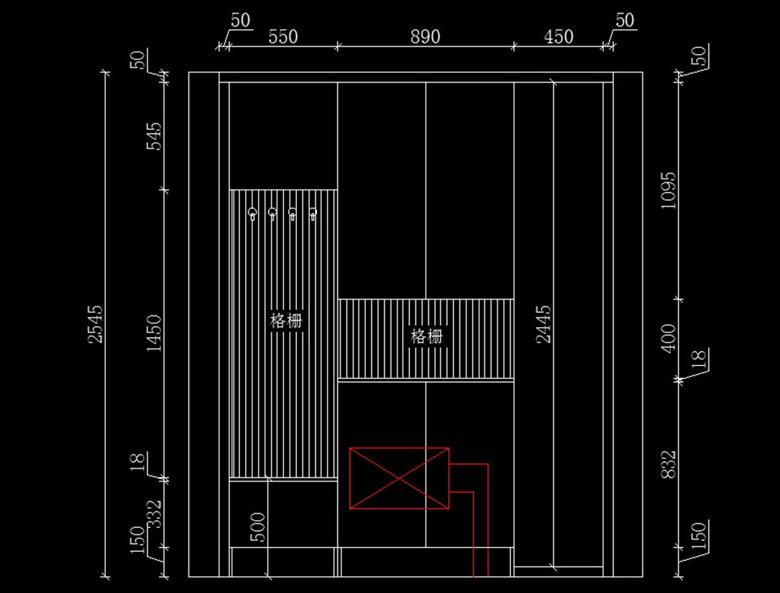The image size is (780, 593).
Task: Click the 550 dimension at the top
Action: pyautogui.click(x=283, y=36)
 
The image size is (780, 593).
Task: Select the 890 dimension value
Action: pyautogui.click(x=425, y=36)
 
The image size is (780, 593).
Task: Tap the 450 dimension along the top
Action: pyautogui.click(x=559, y=36)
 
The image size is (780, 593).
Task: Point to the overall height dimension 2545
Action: pyautogui.click(x=96, y=324)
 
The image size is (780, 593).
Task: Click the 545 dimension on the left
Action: pyautogui.click(x=154, y=135)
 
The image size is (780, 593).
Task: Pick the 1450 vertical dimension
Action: pyautogui.click(x=154, y=333)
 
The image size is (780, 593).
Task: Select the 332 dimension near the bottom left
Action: pyautogui.click(x=154, y=514)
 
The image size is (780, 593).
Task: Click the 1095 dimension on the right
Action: pyautogui.click(x=669, y=190)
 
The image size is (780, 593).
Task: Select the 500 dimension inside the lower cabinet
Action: pyautogui.click(x=258, y=527)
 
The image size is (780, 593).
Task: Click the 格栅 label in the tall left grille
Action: pyautogui.click(x=287, y=321)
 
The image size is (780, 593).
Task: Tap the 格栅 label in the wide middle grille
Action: pyautogui.click(x=426, y=337)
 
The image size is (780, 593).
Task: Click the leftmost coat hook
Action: pyautogui.click(x=252, y=213)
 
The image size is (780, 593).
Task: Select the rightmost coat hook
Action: pyautogui.click(x=313, y=213)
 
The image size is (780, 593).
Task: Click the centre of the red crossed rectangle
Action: pyautogui.click(x=399, y=478)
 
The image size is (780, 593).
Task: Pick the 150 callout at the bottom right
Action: pyautogui.click(x=699, y=537)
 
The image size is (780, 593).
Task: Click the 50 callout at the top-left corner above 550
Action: pyautogui.click(x=240, y=20)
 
